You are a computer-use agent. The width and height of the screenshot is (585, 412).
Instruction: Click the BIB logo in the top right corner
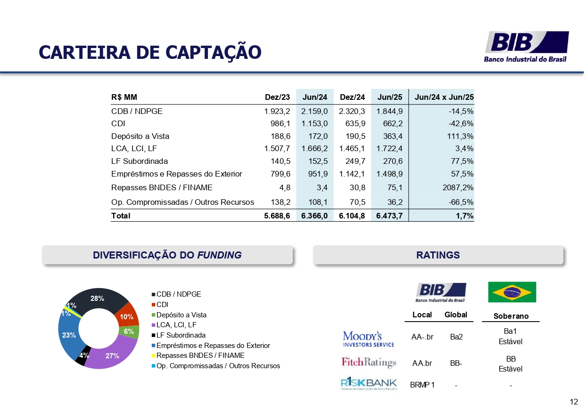click(x=527, y=46)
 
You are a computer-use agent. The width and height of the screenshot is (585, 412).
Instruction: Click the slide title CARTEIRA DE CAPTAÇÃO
click(x=150, y=52)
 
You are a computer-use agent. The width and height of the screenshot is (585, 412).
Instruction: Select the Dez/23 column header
click(x=278, y=97)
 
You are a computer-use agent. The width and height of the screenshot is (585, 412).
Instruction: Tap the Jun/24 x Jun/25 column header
click(x=444, y=97)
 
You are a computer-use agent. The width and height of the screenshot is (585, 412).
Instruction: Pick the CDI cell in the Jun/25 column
click(x=389, y=124)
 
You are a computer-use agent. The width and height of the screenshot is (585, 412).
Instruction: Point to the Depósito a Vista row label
click(x=140, y=136)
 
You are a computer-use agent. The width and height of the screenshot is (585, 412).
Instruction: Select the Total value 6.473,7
click(x=389, y=216)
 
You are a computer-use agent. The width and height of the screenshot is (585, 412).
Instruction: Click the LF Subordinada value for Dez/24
click(x=352, y=161)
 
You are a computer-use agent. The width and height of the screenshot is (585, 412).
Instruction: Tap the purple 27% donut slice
click(x=112, y=356)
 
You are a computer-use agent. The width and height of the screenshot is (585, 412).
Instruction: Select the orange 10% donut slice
click(x=127, y=316)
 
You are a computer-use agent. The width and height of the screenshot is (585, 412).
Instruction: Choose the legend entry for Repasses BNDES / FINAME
click(x=200, y=355)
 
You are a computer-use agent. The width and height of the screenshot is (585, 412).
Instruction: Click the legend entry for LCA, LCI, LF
click(x=176, y=325)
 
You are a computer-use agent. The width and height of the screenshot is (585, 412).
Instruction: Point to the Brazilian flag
click(x=511, y=292)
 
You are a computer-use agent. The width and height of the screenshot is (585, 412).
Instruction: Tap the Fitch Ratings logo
click(x=369, y=363)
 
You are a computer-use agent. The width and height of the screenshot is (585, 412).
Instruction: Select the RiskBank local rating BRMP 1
click(x=422, y=385)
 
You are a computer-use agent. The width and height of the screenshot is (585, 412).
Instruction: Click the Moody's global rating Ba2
click(x=456, y=337)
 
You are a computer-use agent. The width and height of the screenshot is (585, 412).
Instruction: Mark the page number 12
click(x=574, y=402)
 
